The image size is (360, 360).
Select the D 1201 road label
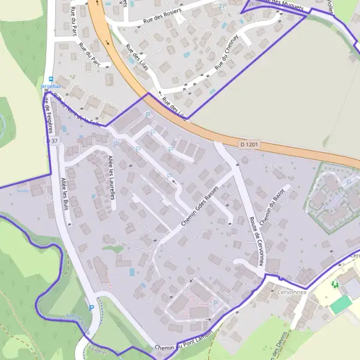tap(250, 145)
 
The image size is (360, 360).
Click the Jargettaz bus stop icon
tap(51, 79)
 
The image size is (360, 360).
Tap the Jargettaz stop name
tap(51, 86)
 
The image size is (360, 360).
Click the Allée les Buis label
tap(65, 193)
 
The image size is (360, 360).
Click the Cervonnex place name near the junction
tap(292, 292)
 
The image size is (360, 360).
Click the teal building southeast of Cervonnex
tap(340, 305)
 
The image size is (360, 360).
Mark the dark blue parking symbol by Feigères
tap(92, 308)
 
